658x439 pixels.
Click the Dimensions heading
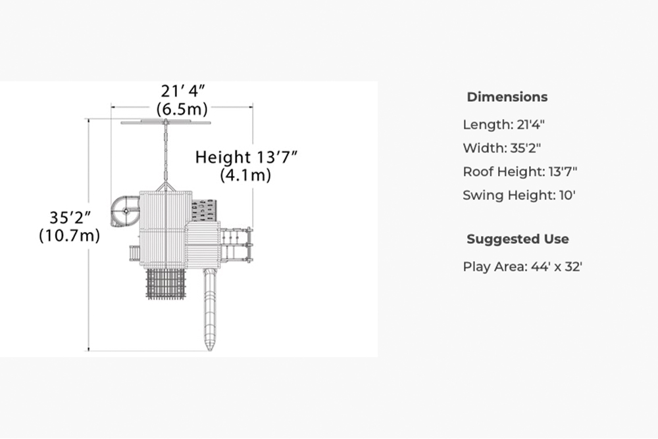coord(507,97)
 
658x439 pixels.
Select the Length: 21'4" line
coord(503,124)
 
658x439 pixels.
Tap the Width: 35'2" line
coord(502,148)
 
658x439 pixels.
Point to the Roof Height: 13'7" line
coord(520,172)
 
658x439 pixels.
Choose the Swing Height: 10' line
coord(519,195)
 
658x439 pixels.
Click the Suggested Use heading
coord(518,239)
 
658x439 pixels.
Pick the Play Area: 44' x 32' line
coord(522,267)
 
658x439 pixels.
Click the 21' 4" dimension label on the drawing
coord(182,91)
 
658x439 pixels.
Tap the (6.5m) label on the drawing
coord(182,109)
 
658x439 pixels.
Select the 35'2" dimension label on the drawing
coord(70,218)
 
